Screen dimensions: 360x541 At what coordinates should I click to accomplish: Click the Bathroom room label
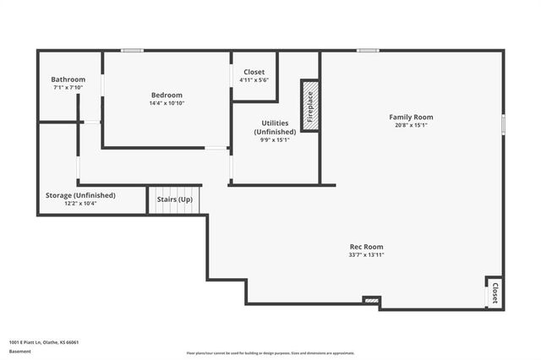coord(68,79)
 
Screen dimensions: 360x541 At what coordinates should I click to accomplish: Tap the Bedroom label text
coord(167,95)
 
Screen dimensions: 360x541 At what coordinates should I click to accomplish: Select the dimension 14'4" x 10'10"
coord(167,103)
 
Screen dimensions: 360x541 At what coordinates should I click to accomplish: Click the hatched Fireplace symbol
coord(310,106)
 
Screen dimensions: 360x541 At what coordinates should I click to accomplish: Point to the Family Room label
coord(411,117)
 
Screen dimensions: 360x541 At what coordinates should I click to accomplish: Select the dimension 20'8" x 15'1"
coord(411,125)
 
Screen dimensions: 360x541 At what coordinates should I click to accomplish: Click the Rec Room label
coord(366,246)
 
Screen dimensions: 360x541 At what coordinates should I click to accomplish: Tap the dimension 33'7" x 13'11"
coord(366,254)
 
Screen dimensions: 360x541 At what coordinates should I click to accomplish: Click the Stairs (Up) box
coord(175,199)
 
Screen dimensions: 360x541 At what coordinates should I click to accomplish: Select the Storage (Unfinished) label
coord(80,195)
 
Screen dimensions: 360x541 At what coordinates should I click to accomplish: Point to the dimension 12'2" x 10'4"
coord(80,204)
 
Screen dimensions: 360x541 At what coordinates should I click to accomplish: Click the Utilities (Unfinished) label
coord(275,128)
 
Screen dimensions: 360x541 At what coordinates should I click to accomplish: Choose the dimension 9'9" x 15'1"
coord(275,140)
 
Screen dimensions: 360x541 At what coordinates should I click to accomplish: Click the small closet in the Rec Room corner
coord(494,292)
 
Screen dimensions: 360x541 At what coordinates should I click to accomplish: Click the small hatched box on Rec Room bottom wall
coord(370,300)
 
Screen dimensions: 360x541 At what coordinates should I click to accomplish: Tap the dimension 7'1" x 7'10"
coord(68,88)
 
